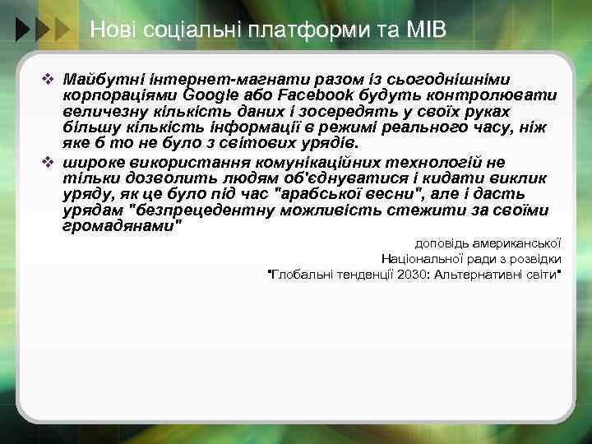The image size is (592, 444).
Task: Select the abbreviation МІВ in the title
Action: (x=425, y=31)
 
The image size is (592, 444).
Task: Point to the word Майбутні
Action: (x=98, y=79)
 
